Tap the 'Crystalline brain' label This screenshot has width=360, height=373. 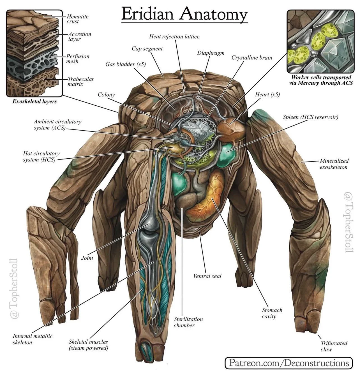click(x=252, y=57)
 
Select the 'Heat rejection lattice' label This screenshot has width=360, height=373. click(x=174, y=36)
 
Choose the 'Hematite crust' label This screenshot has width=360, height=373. click(x=77, y=19)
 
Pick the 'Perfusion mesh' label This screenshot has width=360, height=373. click(x=77, y=59)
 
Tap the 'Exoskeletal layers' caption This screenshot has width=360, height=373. click(x=34, y=101)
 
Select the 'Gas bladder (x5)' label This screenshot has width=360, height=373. click(x=125, y=64)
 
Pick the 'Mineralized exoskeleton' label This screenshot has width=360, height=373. click(x=334, y=164)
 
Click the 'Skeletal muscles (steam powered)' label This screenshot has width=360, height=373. click(x=88, y=345)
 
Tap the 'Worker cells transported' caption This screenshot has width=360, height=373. click(x=321, y=77)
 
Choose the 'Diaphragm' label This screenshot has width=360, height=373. click(x=211, y=53)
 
